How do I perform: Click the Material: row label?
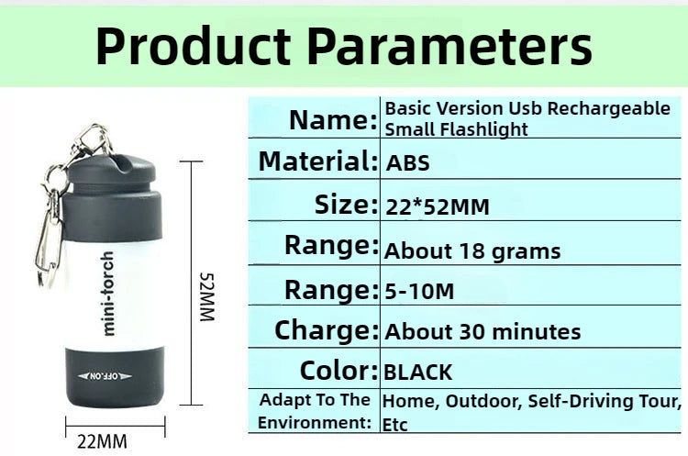[317, 161]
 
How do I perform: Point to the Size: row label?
[345, 204]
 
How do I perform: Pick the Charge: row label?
[326, 329]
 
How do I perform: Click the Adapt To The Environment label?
[315, 411]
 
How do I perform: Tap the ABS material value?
[407, 164]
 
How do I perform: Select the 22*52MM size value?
[437, 207]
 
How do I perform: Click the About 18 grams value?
[472, 250]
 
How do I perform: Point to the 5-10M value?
[419, 292]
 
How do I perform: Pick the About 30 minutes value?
[483, 331]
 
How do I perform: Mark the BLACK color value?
[417, 373]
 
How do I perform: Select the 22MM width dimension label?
[102, 441]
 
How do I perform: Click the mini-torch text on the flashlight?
[108, 293]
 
